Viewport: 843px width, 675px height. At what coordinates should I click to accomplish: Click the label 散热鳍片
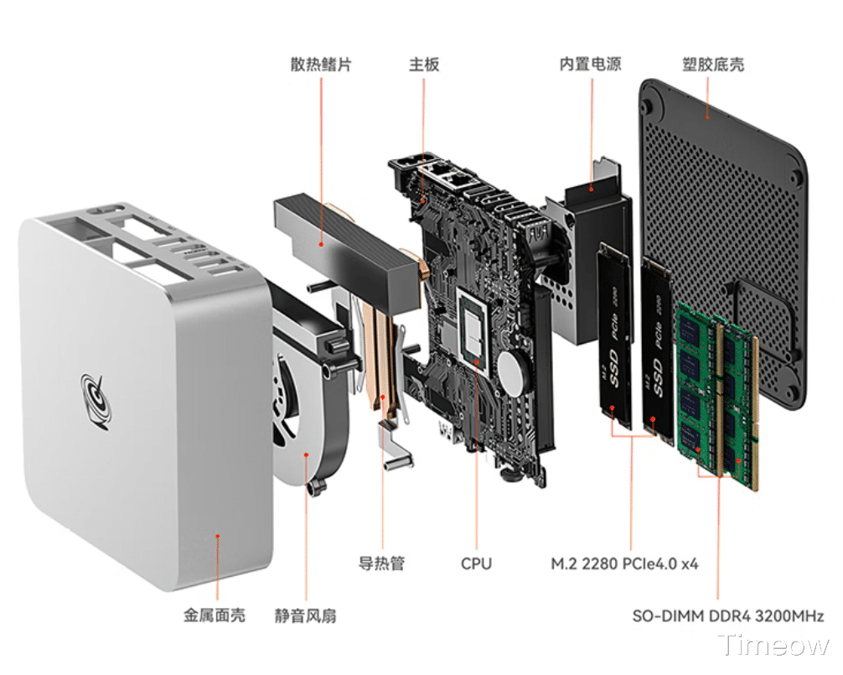[x=321, y=65]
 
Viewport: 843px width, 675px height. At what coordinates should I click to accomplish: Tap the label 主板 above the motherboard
[x=424, y=65]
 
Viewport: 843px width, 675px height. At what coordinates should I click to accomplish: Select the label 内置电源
[x=591, y=65]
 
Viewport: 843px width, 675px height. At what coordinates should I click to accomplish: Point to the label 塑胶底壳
[x=713, y=65]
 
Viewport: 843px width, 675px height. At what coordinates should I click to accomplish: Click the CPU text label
[x=476, y=563]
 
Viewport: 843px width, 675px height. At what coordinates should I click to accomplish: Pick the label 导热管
[x=381, y=563]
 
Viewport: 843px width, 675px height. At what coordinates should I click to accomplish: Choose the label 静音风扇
[x=305, y=615]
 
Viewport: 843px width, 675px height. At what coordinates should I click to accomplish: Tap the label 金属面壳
[x=215, y=615]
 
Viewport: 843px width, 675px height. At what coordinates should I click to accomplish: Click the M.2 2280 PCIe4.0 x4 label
[x=624, y=563]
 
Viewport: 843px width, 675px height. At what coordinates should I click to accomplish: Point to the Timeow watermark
[x=774, y=646]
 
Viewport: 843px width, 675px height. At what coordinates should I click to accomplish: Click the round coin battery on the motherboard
[x=513, y=368]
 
